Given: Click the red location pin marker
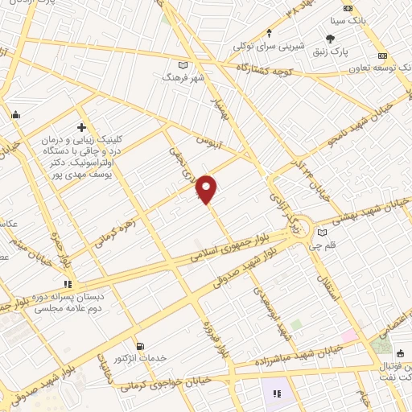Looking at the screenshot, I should pos(207,189).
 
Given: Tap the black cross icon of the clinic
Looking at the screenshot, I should pos(80,127).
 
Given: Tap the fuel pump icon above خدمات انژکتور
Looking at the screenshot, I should pos(142,346).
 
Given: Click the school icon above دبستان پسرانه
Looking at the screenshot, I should pos(68,284).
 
